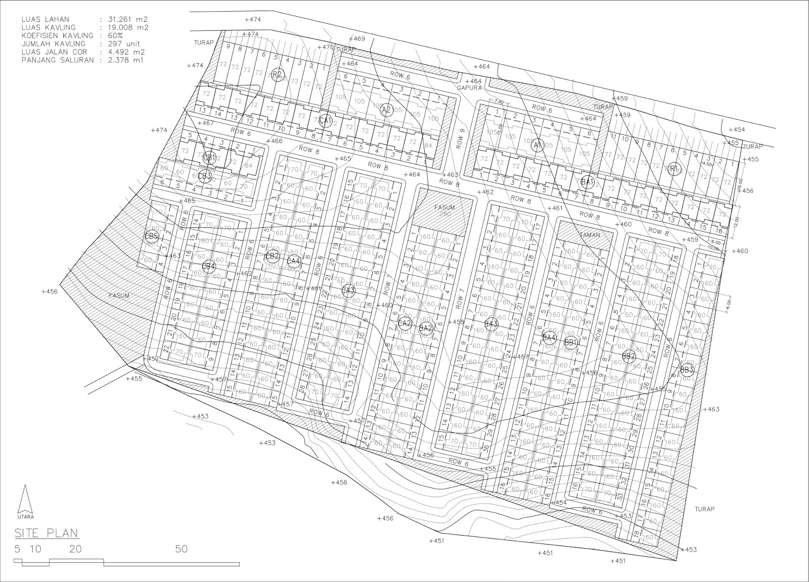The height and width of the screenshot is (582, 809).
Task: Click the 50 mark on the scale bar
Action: [181, 549]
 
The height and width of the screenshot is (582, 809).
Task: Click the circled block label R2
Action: [276, 75]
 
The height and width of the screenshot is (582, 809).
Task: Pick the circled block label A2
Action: [386, 109]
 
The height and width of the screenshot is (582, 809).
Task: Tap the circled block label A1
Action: [538, 145]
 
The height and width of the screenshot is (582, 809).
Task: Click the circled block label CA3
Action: [348, 290]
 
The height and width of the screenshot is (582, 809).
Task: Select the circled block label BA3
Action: [491, 324]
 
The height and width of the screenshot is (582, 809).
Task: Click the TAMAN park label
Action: [590, 235]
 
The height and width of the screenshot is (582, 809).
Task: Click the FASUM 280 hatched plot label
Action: [445, 210]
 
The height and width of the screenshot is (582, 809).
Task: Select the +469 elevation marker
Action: [357, 39]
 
